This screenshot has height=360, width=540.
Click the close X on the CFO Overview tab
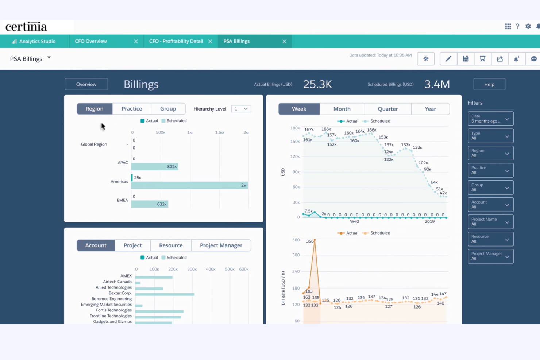click(x=136, y=42)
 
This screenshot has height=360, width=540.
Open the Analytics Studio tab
click(x=34, y=42)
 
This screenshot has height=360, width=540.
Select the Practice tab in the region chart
click(x=132, y=109)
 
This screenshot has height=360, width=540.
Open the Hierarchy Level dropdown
click(x=241, y=109)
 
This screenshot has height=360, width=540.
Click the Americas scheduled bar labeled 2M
click(x=189, y=185)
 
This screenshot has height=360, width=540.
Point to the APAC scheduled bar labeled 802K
click(x=154, y=167)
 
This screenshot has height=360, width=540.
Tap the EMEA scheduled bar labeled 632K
click(x=150, y=204)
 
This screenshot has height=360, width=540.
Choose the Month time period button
click(x=342, y=109)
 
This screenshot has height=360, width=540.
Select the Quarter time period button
click(x=387, y=109)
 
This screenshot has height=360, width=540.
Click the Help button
click(x=489, y=84)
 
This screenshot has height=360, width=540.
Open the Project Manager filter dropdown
click(x=490, y=256)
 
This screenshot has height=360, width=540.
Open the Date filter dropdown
click(x=490, y=119)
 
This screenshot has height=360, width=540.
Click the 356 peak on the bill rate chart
click(x=315, y=240)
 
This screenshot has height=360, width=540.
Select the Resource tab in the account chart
click(x=171, y=245)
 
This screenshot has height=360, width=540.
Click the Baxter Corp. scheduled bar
click(x=165, y=294)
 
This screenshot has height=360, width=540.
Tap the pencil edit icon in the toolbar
click(x=448, y=59)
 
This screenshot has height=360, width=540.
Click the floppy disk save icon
click(x=466, y=59)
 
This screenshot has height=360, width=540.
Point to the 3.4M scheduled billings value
click(x=437, y=84)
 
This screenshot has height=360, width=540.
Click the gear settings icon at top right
click(x=528, y=27)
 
